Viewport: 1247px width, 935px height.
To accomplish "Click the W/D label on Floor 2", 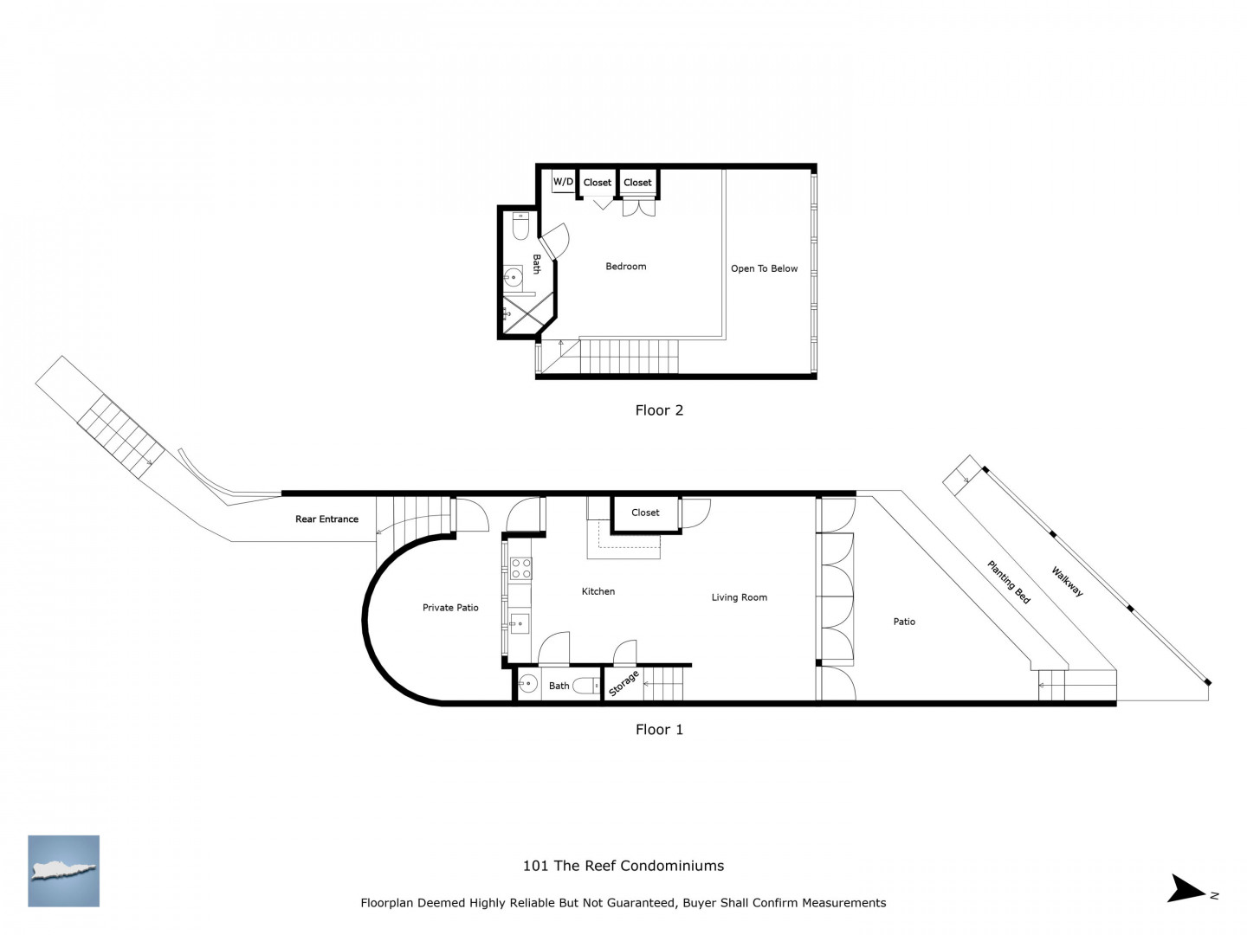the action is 563,182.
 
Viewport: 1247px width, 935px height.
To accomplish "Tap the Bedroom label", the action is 625,267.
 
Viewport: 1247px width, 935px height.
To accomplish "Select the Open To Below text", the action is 764,268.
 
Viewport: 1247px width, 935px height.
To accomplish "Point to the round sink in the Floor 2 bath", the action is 513,278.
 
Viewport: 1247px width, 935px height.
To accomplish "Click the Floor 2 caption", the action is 659,409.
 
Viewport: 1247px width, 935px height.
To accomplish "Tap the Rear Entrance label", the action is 326,519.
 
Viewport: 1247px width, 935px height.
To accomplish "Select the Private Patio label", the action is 450,608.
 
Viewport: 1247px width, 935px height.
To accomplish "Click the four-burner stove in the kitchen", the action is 521,568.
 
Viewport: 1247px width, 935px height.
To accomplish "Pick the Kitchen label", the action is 598,591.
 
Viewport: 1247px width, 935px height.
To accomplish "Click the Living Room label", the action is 740,597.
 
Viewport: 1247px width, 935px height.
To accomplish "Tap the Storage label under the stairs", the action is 623,683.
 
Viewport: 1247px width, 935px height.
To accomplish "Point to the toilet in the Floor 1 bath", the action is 586,687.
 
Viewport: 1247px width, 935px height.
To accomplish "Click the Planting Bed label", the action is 1008,582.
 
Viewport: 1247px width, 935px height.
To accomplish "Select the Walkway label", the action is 1067,581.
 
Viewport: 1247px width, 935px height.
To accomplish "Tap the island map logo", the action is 63,871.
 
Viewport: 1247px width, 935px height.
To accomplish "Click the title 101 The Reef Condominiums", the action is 623,866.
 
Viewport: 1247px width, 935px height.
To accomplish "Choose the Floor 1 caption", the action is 659,730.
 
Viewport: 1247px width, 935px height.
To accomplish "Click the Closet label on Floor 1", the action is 645,513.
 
